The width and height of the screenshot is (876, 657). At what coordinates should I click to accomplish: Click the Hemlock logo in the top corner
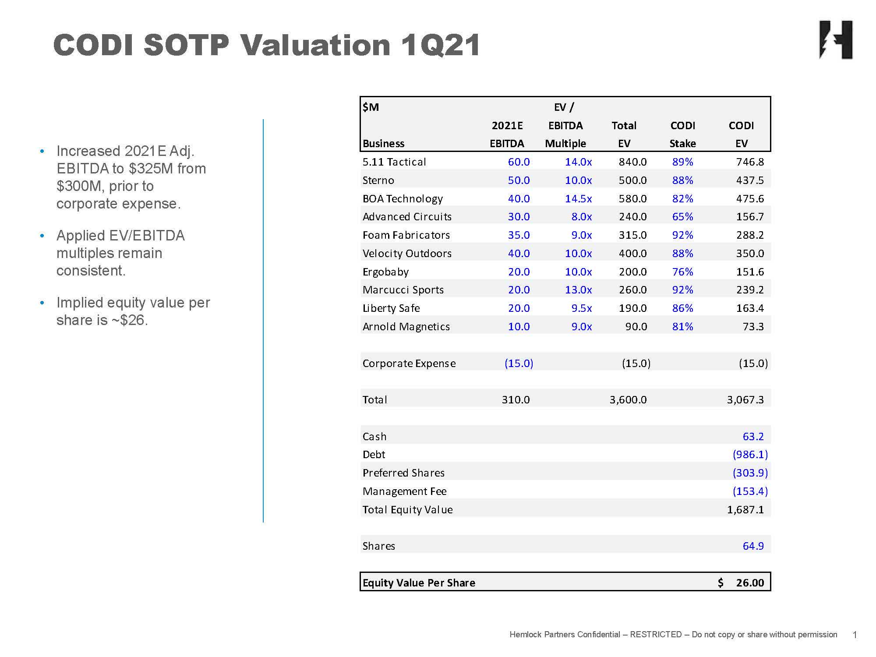(x=836, y=39)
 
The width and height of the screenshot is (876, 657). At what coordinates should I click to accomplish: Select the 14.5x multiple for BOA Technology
(x=578, y=199)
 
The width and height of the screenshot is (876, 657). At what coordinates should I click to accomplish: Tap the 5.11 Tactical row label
(x=394, y=162)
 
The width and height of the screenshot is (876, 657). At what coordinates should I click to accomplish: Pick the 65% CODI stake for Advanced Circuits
(x=682, y=217)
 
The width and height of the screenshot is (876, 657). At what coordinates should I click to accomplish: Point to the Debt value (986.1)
(x=750, y=455)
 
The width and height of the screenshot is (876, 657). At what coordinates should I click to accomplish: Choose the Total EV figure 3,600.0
(x=628, y=400)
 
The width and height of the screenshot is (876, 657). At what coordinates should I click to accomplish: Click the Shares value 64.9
(x=753, y=546)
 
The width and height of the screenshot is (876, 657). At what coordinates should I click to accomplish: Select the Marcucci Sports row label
(x=403, y=290)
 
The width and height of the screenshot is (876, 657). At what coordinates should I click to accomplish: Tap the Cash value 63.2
(x=753, y=437)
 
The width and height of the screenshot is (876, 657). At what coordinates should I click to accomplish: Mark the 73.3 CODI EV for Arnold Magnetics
(x=753, y=327)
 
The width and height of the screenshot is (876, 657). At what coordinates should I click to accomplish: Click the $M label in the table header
(x=371, y=107)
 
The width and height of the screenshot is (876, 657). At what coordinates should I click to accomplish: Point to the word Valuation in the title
(x=315, y=45)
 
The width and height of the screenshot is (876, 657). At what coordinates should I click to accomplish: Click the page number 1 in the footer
(x=855, y=635)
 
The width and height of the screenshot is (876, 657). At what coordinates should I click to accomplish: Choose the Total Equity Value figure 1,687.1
(x=745, y=510)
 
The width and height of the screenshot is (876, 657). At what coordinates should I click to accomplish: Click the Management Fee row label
(x=404, y=491)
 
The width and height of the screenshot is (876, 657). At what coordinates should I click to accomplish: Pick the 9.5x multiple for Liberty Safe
(x=581, y=308)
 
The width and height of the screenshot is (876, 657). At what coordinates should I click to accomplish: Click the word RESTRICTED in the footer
(x=655, y=635)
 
